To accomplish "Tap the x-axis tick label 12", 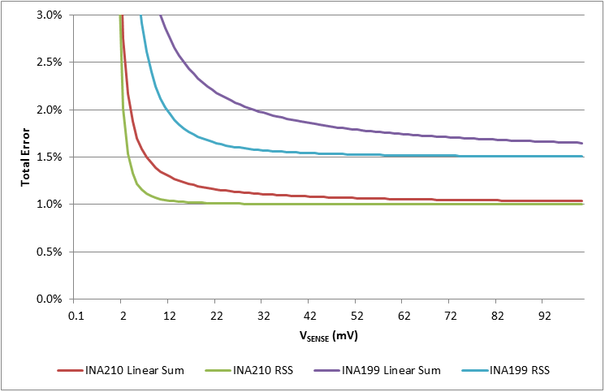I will [168, 314].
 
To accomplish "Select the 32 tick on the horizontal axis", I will [261, 314].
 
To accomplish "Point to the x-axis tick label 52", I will [356, 314].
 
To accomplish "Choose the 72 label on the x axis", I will [450, 314].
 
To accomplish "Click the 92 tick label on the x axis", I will [544, 314].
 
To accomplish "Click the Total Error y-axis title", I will [25, 157].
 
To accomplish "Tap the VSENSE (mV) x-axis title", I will [329, 334].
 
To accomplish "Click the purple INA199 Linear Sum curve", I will [325, 122].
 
